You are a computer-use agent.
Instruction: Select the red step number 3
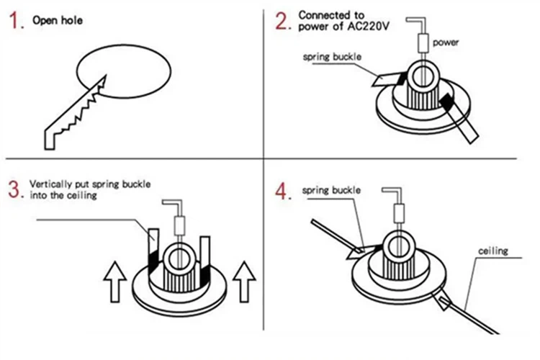[x=15, y=190]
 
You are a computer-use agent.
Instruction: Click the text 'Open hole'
[x=58, y=20]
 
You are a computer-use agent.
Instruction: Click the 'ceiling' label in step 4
[x=494, y=251]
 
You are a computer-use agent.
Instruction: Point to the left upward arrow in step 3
[x=114, y=281]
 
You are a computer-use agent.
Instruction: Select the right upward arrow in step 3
[x=245, y=281]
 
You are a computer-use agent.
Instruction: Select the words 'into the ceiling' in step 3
[x=63, y=195]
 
